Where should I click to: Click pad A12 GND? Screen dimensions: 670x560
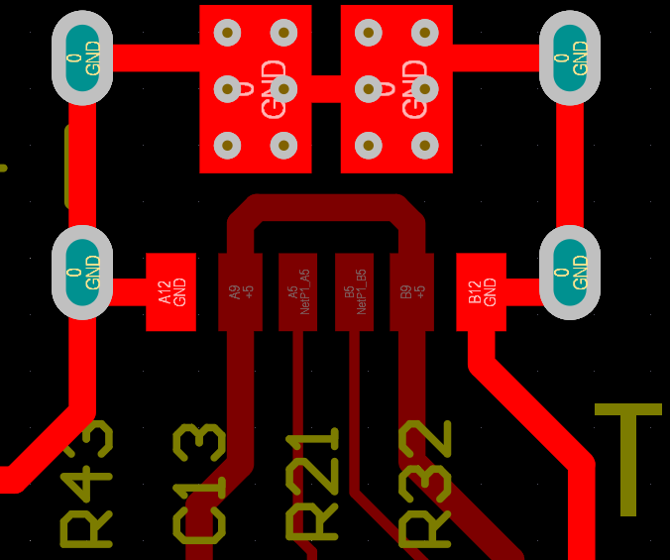point(170,291)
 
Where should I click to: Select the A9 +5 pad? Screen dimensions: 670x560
point(240,291)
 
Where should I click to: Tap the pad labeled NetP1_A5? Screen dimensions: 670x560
point(297,291)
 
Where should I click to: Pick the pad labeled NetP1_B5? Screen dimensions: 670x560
point(354,291)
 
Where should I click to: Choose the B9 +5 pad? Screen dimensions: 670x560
point(411,291)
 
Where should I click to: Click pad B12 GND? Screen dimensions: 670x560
point(481,291)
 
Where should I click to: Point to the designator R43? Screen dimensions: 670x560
point(87,484)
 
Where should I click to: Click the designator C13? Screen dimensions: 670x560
point(200,484)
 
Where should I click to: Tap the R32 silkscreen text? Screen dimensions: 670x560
point(426,484)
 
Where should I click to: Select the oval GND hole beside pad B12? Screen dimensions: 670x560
point(569,273)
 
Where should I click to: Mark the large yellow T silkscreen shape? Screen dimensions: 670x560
point(627,456)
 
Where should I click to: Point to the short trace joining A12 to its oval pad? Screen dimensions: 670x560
point(128,291)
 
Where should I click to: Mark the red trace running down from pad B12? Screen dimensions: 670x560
point(535,416)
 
